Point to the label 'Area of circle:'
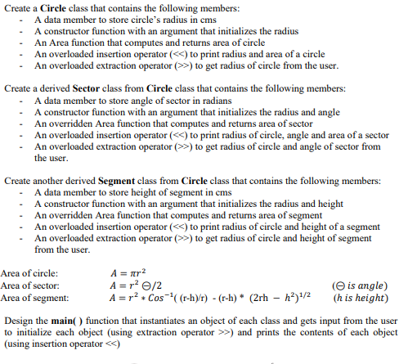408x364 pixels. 29,273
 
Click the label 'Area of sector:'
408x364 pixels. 30,285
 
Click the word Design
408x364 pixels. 20,321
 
